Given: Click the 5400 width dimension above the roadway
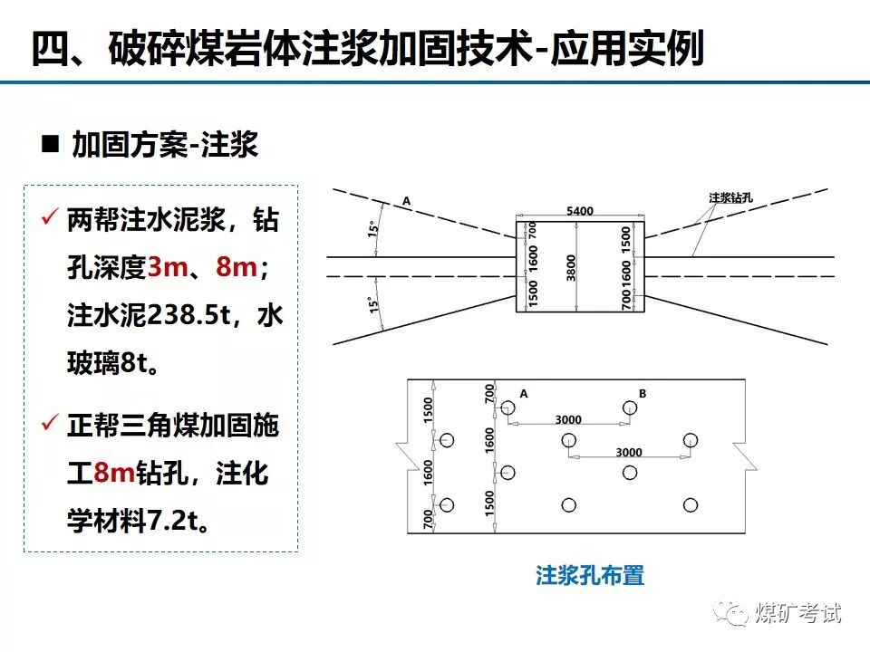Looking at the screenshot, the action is click(x=580, y=211).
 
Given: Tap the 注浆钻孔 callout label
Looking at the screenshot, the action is click(x=733, y=196).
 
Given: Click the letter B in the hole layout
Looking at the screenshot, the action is click(x=643, y=393).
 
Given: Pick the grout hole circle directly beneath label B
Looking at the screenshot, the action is click(x=629, y=409).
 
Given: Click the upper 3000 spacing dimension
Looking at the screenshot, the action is click(x=568, y=420).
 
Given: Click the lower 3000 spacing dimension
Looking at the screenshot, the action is click(x=628, y=452).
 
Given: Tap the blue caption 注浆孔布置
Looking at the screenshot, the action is click(x=589, y=575).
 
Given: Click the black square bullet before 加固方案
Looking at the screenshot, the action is click(x=51, y=143).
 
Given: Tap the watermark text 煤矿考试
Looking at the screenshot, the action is click(x=798, y=613).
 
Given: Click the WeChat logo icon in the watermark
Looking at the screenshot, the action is click(x=732, y=612).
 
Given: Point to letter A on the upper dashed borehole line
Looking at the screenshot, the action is click(x=406, y=200).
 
